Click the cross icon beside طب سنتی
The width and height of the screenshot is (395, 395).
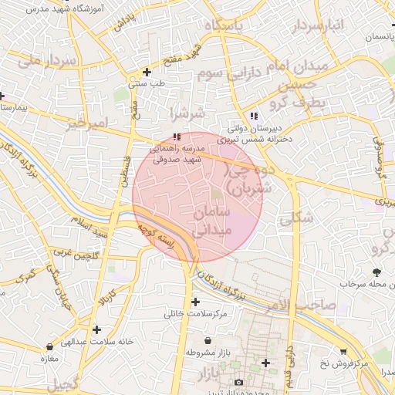coord(147,72)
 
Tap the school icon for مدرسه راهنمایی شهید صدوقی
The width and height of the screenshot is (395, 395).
coord(167,137)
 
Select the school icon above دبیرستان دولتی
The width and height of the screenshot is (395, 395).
coord(254,116)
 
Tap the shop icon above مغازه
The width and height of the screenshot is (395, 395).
coord(50,347)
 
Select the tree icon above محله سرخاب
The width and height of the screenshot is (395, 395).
coord(376,272)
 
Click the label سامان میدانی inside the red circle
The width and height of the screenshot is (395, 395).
coord(204,220)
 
